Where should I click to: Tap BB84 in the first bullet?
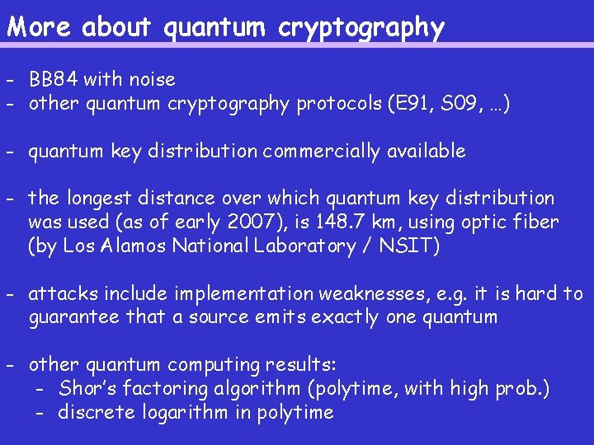click(52, 80)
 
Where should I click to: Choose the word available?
click(424, 152)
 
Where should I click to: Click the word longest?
click(97, 199)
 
